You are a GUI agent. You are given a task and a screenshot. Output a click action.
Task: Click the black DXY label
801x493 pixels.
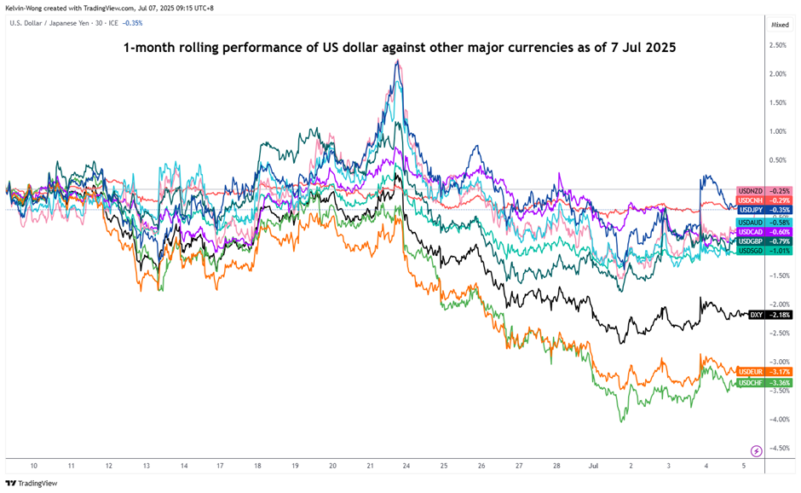pos(756,315)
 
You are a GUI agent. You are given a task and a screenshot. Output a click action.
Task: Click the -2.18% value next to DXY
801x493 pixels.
pos(780,315)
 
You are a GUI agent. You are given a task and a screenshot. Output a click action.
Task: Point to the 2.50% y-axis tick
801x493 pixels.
pos(777,45)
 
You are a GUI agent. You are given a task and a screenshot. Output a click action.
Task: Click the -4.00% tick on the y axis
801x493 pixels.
pos(779,419)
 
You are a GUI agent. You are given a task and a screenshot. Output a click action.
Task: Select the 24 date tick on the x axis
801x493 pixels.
pos(406,467)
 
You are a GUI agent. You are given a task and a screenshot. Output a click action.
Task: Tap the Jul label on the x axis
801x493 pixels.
pos(593,467)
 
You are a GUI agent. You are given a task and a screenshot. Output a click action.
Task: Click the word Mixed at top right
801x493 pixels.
pos(780,25)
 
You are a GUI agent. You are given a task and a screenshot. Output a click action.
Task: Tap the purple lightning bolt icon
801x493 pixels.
pos(756,450)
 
